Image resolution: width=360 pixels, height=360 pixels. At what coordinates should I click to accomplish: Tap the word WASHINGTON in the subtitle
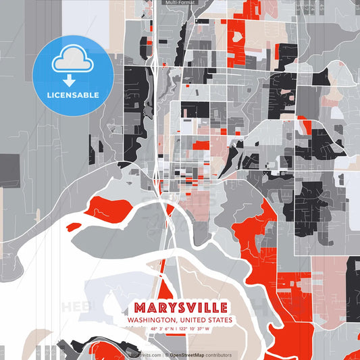pyautogui.click(x=150, y=320)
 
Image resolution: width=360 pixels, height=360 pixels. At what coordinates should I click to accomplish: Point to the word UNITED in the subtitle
pyautogui.click(x=190, y=320)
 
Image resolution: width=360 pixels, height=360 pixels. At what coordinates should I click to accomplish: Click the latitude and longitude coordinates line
pyautogui.click(x=180, y=330)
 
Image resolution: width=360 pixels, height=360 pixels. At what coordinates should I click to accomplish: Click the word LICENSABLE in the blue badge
pyautogui.click(x=73, y=95)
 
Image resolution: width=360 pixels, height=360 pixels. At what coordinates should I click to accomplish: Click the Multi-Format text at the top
pyautogui.click(x=180, y=3)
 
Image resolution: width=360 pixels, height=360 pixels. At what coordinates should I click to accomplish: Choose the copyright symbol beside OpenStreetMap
pyautogui.click(x=166, y=355)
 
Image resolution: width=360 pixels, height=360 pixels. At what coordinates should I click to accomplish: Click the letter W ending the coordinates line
pyautogui.click(x=207, y=330)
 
